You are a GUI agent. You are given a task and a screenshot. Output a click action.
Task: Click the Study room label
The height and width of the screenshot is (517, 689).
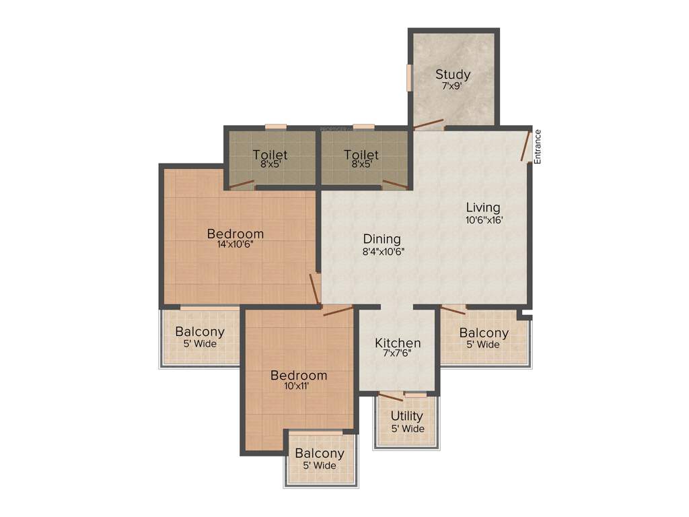[453, 75]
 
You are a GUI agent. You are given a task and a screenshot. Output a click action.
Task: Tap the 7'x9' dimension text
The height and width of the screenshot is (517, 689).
[453, 87]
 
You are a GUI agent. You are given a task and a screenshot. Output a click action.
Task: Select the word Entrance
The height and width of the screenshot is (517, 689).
[538, 146]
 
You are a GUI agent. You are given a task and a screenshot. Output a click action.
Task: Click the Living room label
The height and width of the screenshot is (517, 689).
[483, 207]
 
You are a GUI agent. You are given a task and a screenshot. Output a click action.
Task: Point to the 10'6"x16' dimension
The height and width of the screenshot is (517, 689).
[484, 219]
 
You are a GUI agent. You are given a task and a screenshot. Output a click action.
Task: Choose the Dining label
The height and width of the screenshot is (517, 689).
[382, 239]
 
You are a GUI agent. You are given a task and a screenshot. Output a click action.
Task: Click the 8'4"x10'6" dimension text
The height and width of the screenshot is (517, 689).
[383, 252]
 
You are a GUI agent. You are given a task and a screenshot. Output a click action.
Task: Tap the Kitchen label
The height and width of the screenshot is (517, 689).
[398, 343]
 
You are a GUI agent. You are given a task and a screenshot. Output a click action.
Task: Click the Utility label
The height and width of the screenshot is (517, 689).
[407, 416]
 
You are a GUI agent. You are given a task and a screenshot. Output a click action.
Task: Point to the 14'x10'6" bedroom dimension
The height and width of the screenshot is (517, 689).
[235, 245]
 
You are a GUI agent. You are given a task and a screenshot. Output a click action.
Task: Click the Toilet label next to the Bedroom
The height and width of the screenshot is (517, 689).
[270, 156]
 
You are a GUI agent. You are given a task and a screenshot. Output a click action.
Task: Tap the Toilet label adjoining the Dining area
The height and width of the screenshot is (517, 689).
[361, 156]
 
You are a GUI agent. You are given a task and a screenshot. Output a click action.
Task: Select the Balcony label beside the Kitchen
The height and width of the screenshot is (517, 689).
[484, 333]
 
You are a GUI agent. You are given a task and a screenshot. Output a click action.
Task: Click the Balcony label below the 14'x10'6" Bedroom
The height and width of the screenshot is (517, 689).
[200, 332]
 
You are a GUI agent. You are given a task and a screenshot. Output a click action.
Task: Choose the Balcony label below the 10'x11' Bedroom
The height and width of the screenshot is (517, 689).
[320, 454]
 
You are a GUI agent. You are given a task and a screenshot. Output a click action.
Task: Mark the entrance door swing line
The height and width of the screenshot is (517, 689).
[525, 146]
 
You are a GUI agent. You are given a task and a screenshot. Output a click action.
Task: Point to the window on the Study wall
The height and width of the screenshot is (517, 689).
[408, 76]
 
